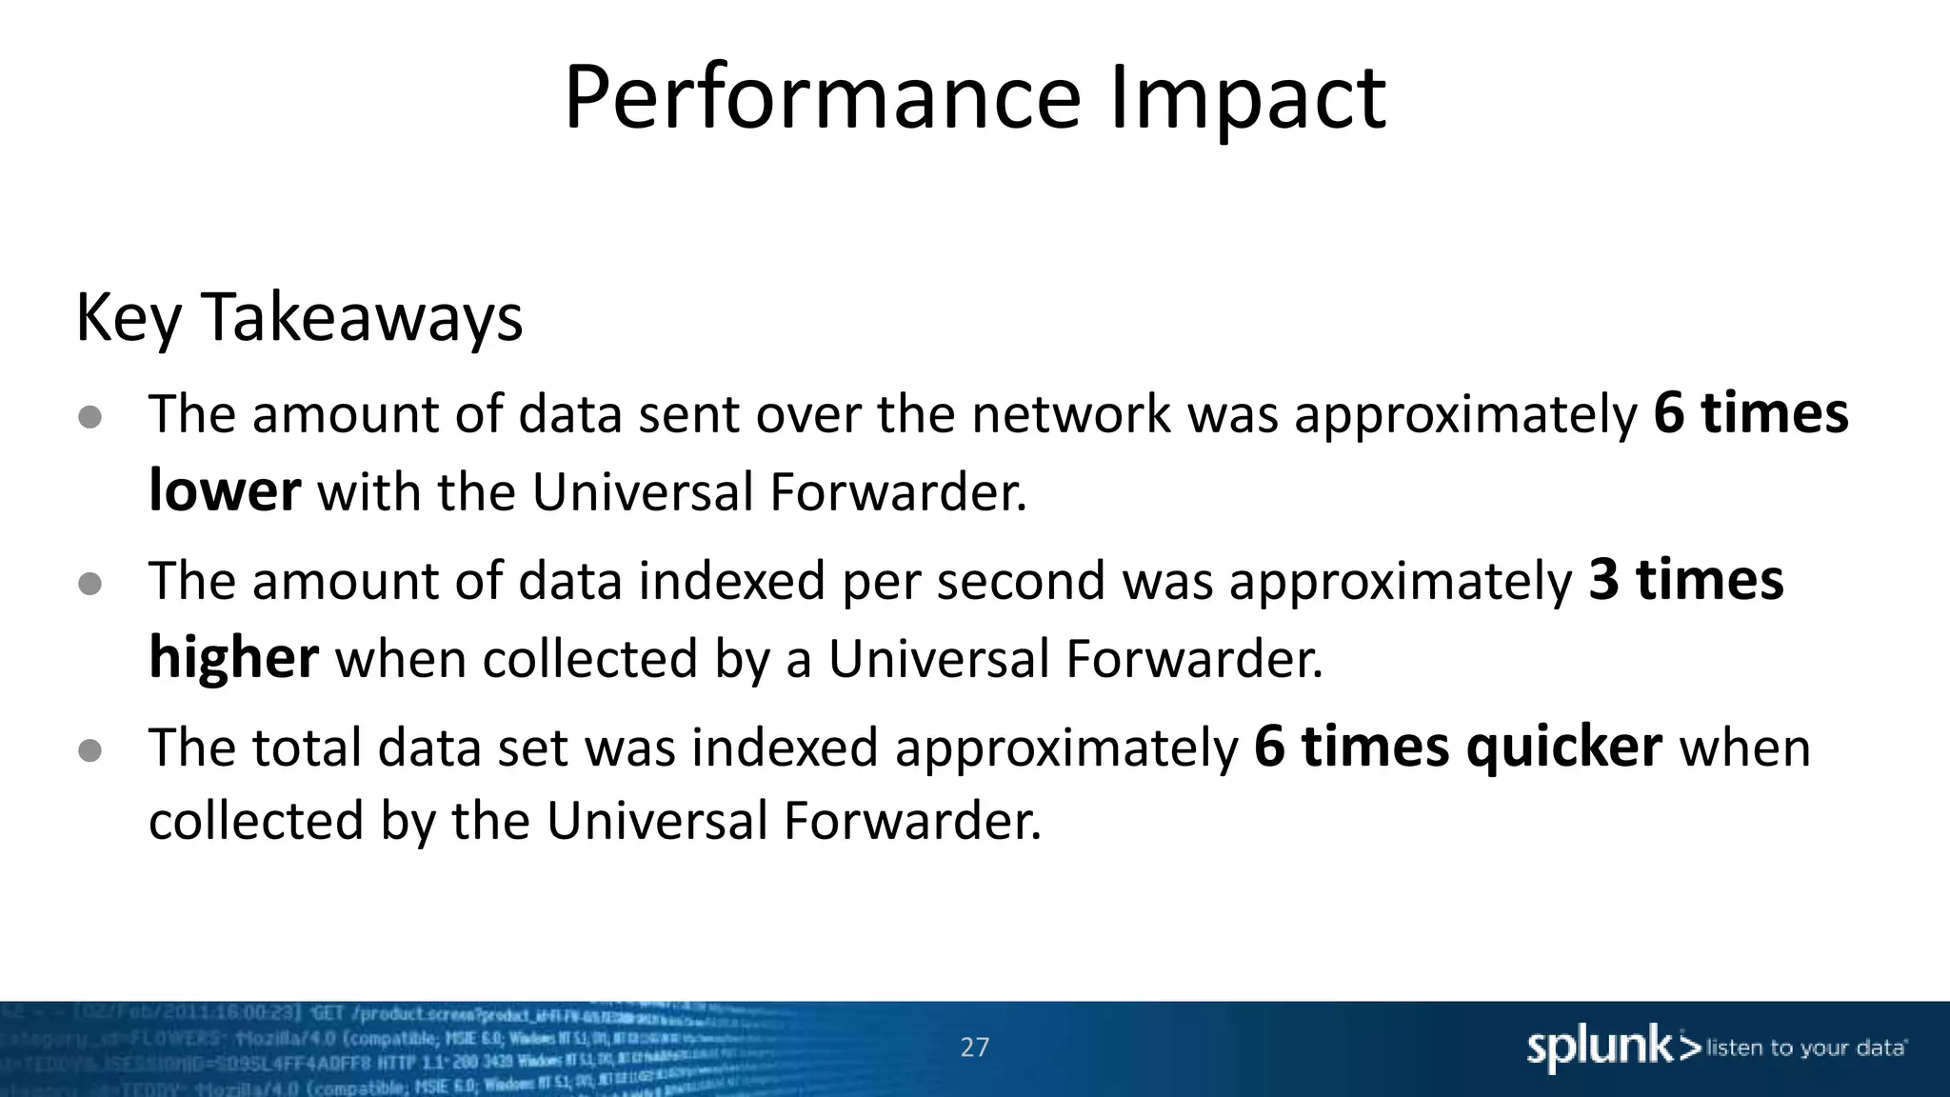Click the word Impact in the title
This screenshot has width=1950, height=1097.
click(1247, 98)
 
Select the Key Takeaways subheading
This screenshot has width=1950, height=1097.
click(299, 317)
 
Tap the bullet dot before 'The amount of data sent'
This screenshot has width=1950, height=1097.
click(90, 417)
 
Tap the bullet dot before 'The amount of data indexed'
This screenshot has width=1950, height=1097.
click(90, 584)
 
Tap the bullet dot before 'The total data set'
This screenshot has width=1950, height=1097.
click(90, 750)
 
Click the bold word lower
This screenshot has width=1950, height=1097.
click(225, 491)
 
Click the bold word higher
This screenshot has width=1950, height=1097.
click(233, 658)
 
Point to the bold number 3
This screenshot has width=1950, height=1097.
click(1603, 580)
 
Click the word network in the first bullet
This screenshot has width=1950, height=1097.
click(1071, 415)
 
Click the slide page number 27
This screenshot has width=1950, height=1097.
click(974, 1047)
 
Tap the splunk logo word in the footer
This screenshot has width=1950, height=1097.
click(1600, 1047)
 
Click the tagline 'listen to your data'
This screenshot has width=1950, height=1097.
click(1804, 1048)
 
